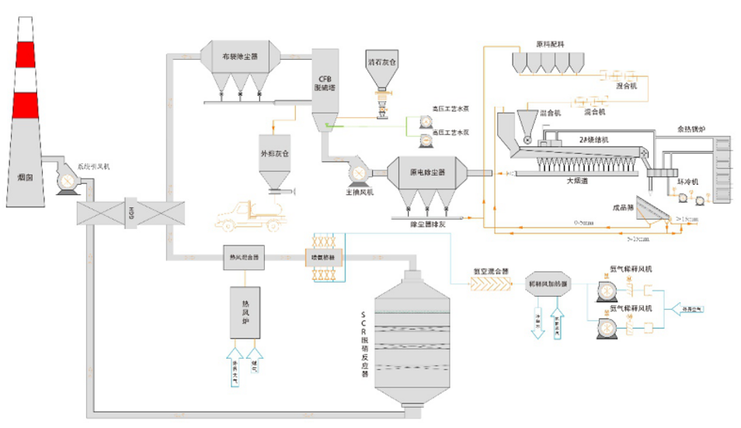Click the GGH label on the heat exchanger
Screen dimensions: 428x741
tap(130, 211)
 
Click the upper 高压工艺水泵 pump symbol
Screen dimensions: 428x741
tap(426, 121)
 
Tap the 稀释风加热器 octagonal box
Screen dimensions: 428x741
tap(549, 284)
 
